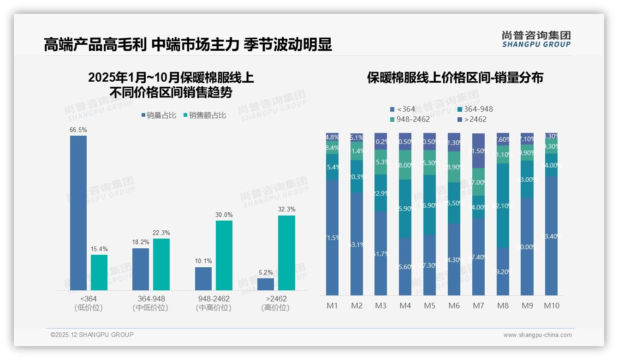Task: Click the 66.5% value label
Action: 78,130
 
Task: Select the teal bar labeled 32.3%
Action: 286,253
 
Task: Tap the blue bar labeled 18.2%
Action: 141,269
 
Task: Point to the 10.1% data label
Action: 203,261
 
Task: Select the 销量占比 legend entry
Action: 159,115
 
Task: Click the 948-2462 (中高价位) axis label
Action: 213,303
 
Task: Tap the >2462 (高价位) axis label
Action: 275,303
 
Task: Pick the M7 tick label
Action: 478,306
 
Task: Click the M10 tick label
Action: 551,306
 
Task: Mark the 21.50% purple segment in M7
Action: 478,151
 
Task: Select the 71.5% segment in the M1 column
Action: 332,237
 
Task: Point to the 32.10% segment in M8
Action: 503,205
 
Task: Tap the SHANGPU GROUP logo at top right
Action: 536,39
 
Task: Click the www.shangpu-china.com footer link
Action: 537,335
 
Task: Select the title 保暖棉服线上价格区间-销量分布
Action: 455,78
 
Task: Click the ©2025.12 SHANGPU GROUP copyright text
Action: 92,335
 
